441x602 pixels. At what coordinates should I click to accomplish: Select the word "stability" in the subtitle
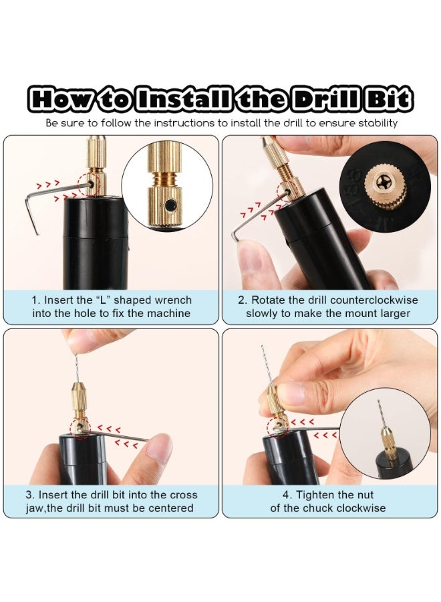(x=378, y=124)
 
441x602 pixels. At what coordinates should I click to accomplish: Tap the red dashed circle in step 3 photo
(x=80, y=427)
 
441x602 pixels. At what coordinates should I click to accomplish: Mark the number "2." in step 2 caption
(x=243, y=300)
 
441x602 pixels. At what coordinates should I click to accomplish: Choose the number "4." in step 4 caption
(x=287, y=495)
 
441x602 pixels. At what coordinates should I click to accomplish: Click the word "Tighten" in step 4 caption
(x=315, y=495)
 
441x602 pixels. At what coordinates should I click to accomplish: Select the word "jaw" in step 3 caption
(x=35, y=509)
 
